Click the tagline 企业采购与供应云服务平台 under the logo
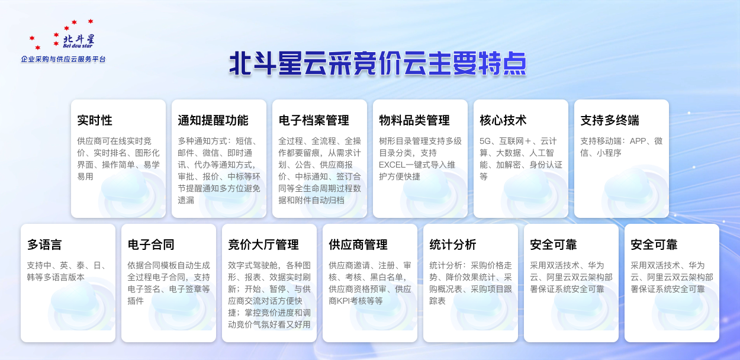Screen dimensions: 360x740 pyautogui.click(x=63, y=59)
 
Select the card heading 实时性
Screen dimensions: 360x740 pyautogui.click(x=95, y=120)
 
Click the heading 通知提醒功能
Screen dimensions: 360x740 pyautogui.click(x=213, y=120)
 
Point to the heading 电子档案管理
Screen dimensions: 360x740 pyautogui.click(x=314, y=120)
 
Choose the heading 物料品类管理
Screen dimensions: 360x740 pyautogui.click(x=414, y=120)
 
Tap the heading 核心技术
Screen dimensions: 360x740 pyautogui.click(x=503, y=120)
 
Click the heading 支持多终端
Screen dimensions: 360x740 pyautogui.click(x=610, y=120)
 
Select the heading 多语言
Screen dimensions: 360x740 pyautogui.click(x=44, y=245)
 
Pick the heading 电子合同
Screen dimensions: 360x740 pyautogui.click(x=151, y=245)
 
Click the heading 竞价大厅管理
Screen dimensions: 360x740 pyautogui.click(x=263, y=245)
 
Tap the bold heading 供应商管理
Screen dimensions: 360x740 pyautogui.click(x=358, y=245)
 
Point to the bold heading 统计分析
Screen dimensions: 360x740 pyautogui.click(x=453, y=245)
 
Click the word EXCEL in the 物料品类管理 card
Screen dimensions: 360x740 pyautogui.click(x=393, y=165)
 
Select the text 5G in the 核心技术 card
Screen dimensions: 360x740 pyautogui.click(x=486, y=141)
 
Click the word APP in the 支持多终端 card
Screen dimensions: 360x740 pyautogui.click(x=638, y=141)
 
